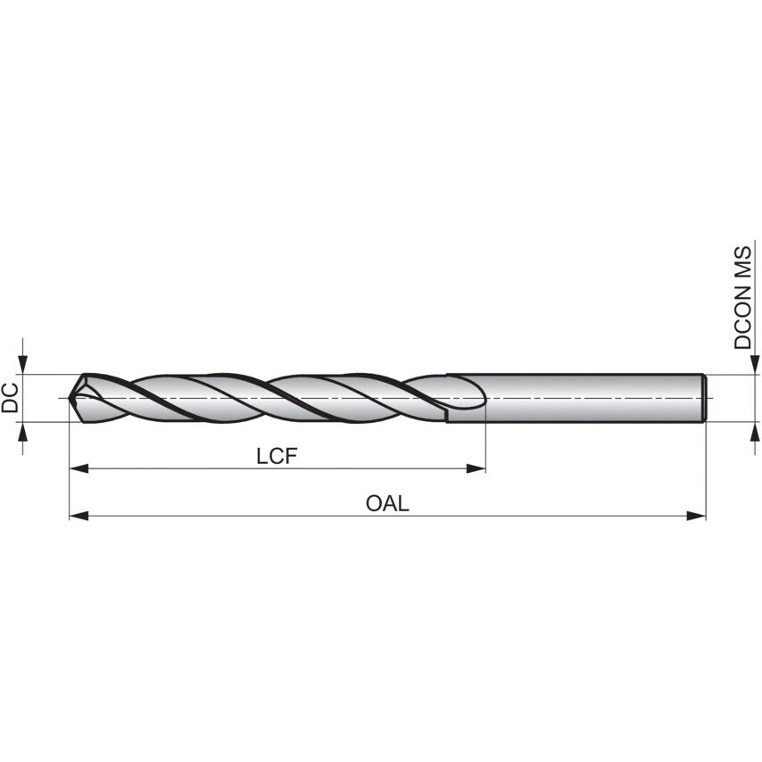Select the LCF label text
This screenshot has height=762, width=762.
(276, 456)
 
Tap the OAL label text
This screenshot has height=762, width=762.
(387, 503)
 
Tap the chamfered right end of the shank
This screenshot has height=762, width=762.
(706, 397)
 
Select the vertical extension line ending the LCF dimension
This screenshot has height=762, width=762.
(485, 442)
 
